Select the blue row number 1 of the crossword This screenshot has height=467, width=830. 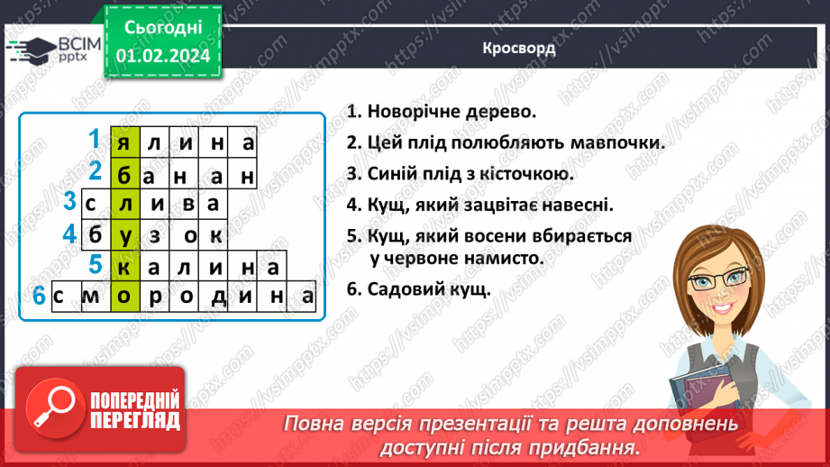[x=95, y=139]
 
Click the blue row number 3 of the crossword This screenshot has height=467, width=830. [x=68, y=202]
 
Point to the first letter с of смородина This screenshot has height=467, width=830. [x=62, y=296]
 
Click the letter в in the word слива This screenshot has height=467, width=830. [x=185, y=204]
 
